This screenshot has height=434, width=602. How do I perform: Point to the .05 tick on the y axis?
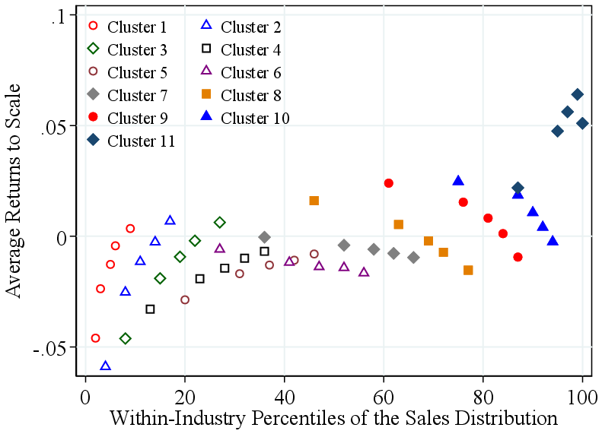(x=58, y=125)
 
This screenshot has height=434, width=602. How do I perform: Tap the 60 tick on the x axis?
(x=384, y=398)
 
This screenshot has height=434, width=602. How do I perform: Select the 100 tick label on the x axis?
(x=582, y=398)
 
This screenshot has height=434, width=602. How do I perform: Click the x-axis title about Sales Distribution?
(x=334, y=418)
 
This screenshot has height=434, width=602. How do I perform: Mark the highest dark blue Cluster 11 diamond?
(x=577, y=95)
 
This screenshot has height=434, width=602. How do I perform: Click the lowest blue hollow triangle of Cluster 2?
(x=106, y=366)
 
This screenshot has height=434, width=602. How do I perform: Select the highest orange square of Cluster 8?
(x=314, y=201)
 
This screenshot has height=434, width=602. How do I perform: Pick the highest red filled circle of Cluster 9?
(x=389, y=183)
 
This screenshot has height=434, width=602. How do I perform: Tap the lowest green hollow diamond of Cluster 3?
(x=126, y=338)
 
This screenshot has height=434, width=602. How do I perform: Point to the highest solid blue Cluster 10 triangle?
(x=458, y=181)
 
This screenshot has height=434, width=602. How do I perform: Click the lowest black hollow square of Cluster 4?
(x=151, y=309)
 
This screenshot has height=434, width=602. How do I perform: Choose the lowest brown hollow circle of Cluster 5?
(x=185, y=299)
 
